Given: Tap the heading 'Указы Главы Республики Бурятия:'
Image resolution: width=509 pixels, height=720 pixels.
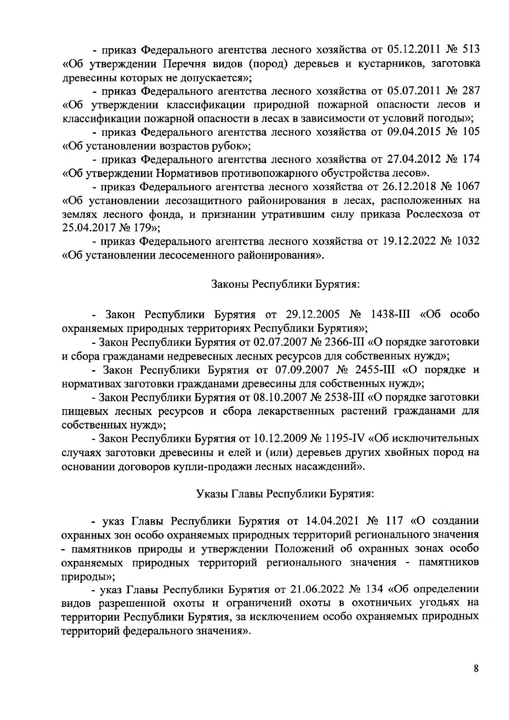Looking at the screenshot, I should coord(285,494).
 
